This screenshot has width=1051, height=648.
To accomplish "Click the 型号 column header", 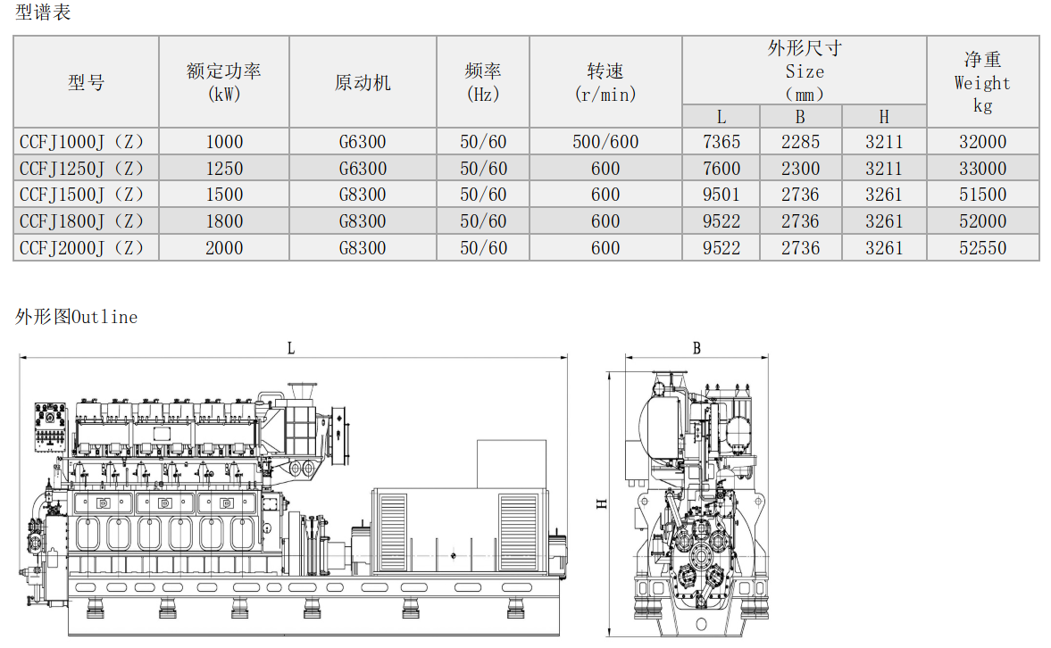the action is (x=87, y=82).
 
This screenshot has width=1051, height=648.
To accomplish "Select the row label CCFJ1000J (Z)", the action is (x=81, y=142).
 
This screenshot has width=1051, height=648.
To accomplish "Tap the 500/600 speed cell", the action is (x=605, y=142).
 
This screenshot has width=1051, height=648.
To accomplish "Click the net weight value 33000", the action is (x=982, y=168).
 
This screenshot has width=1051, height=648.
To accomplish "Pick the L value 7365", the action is (x=722, y=142).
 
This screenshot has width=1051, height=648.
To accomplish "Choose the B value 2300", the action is (x=800, y=168).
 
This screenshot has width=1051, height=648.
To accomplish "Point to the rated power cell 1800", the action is (x=224, y=221).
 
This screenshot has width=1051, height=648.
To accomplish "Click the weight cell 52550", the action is (x=982, y=248).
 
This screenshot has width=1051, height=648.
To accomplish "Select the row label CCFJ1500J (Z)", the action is (x=81, y=195).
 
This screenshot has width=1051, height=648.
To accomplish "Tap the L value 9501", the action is (x=722, y=195).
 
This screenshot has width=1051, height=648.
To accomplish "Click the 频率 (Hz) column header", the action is (x=482, y=82).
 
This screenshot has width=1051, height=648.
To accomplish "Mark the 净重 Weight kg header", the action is (x=982, y=82).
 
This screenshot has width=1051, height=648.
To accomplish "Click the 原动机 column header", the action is (x=363, y=82).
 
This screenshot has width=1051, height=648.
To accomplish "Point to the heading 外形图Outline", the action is (x=77, y=316).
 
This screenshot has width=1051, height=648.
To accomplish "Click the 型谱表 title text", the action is (x=43, y=12).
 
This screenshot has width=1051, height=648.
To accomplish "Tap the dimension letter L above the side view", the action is (x=291, y=348).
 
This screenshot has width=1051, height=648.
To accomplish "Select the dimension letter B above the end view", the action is (x=697, y=348).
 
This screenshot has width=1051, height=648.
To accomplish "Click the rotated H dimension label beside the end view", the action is (x=601, y=503).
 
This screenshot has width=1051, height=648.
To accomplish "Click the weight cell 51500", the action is (x=982, y=195).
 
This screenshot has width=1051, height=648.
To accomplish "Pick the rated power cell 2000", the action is (x=224, y=248).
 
